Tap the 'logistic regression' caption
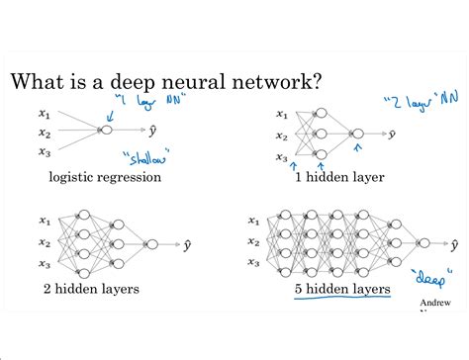[104, 178]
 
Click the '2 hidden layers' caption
[91, 290]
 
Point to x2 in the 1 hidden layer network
[281, 135]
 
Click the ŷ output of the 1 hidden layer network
[392, 134]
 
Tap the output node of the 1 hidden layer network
[356, 134]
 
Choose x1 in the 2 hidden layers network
[46, 221]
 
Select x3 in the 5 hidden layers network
[254, 262]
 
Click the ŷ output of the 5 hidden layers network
[454, 241]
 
